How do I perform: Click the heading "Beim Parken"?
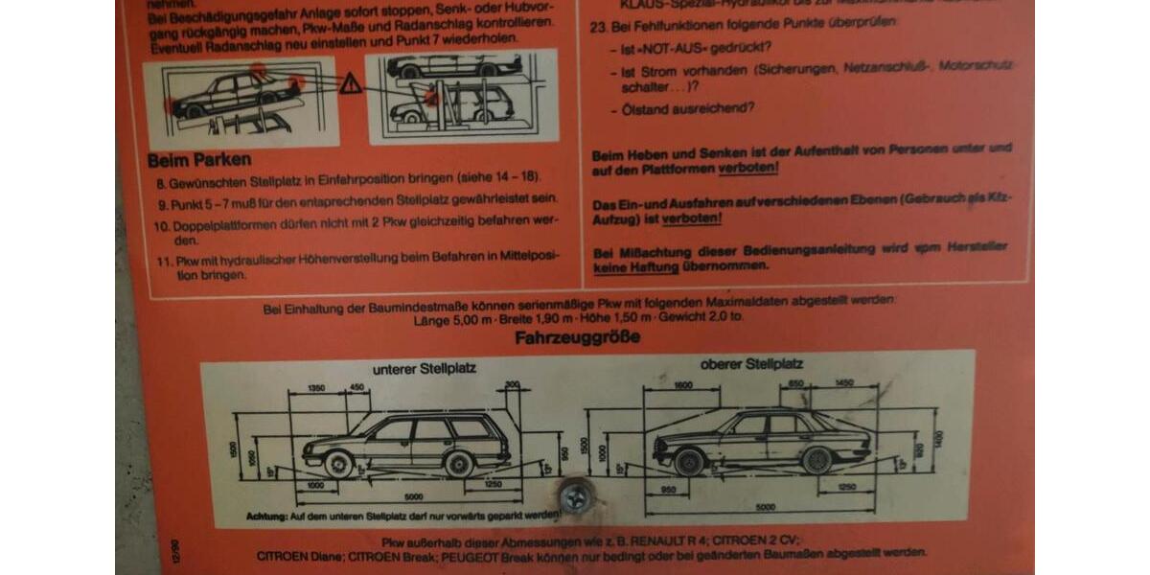pyautogui.click(x=199, y=159)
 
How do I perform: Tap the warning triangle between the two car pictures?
pyautogui.click(x=351, y=84)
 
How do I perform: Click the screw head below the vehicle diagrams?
pyautogui.click(x=575, y=496)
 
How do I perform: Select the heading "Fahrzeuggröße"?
pyautogui.click(x=577, y=337)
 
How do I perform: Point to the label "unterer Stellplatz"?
pyautogui.click(x=424, y=367)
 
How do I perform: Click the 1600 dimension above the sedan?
pyautogui.click(x=681, y=385)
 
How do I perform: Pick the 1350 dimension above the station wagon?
pyautogui.click(x=316, y=388)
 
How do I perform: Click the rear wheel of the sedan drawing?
pyautogui.click(x=816, y=461)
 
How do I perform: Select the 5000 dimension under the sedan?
pyautogui.click(x=764, y=506)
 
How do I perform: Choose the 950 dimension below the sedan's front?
pyautogui.click(x=668, y=489)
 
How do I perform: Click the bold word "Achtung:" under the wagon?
pyautogui.click(x=266, y=516)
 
